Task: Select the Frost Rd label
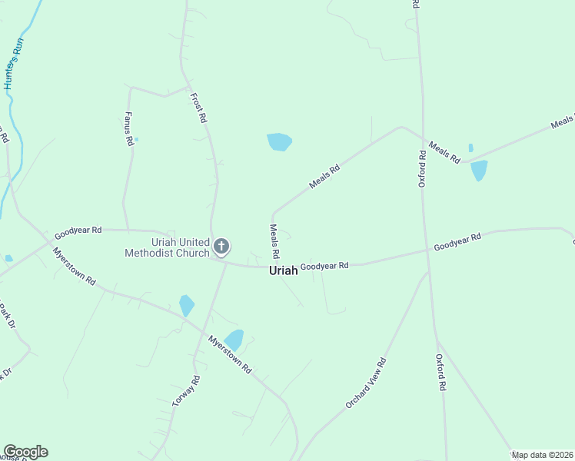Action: pos(199,108)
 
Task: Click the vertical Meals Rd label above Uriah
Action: pos(274,240)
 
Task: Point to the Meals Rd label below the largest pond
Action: pos(324,177)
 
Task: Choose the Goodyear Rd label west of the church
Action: pos(78,230)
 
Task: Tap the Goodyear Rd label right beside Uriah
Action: pos(324,266)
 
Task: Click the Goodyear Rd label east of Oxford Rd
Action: pos(457,242)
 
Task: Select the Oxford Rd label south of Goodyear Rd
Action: pos(441,373)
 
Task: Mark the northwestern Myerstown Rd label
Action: pos(74,266)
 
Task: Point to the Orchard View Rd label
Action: pos(365,383)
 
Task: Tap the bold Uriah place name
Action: pos(283,271)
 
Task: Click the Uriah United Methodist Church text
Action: pos(168,247)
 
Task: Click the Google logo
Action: pos(25,452)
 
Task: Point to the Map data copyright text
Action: pos(543,455)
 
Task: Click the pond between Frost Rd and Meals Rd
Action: pos(279,142)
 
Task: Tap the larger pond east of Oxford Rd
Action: pos(479,170)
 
